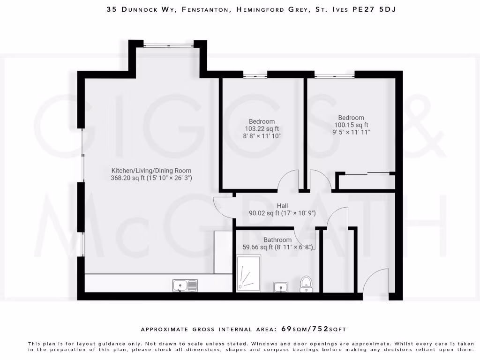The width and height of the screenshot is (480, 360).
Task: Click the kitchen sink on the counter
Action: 185,285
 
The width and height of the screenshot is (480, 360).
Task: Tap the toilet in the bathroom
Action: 306,284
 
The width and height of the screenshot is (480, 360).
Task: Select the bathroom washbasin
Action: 281,286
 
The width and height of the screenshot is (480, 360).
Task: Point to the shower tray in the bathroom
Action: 248,274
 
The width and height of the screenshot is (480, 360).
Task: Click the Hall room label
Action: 282,206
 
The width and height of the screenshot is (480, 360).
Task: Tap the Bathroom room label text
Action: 277,240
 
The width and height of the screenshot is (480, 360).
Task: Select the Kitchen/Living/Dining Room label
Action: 151,171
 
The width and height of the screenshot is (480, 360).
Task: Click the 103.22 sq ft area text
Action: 262,129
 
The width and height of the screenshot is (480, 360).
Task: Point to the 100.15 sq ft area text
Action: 351,125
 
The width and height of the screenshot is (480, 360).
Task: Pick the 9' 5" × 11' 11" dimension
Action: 351,132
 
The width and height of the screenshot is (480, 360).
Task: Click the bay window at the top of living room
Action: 168,45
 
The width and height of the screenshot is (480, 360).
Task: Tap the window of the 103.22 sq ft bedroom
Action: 255,75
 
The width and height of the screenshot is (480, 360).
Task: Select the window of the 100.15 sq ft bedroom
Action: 334,75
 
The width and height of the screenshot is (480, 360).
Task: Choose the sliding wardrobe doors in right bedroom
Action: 366,174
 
